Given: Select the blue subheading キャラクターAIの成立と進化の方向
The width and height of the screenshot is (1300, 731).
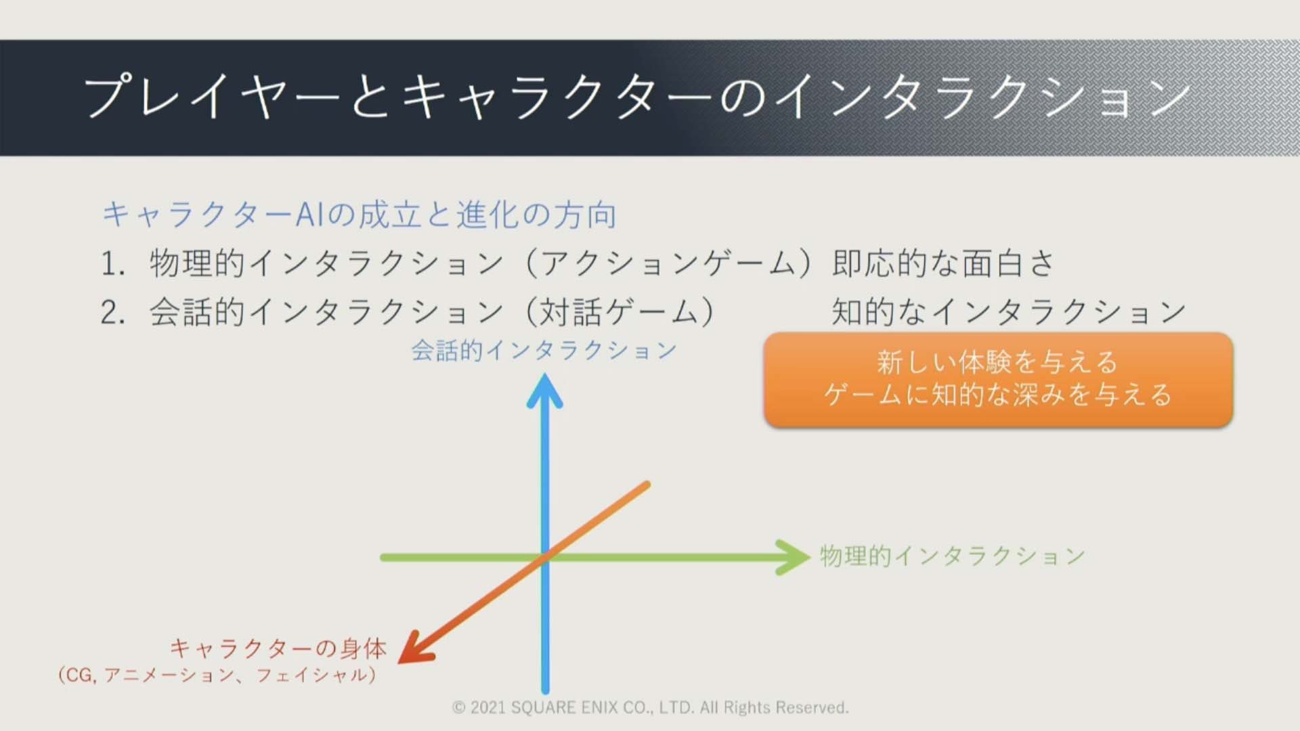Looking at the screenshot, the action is coord(359,215).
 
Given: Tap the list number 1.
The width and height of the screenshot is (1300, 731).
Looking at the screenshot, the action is coord(112,264).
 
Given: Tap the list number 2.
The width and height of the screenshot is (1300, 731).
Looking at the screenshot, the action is coord(112,313).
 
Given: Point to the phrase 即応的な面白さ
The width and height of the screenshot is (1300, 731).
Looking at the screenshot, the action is coord(943,263).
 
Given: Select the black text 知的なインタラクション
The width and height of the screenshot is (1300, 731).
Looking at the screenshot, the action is coord(1009,312).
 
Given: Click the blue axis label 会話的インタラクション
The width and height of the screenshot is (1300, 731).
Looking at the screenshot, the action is coord(544,351).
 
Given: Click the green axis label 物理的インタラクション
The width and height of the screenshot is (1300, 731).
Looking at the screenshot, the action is coord(953,556).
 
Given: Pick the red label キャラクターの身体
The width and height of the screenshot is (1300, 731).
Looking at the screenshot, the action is coord(278,648).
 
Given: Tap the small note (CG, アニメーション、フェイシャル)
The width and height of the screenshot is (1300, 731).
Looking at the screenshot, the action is coord(217,675).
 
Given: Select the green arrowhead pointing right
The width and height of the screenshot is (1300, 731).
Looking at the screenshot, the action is coord(794,557).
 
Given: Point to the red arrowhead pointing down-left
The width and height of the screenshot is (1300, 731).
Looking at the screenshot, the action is coord(414,647).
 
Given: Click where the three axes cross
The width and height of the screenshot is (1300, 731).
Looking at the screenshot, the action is coord(545,558).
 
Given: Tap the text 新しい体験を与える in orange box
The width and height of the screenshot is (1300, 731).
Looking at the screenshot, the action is coord(997,363).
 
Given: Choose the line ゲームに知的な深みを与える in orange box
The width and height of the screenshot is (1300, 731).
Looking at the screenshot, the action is coord(997,395).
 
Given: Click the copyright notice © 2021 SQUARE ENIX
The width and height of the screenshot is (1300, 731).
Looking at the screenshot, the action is coord(650,708).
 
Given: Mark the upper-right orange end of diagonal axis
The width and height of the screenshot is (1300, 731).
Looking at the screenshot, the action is coord(647,485).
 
